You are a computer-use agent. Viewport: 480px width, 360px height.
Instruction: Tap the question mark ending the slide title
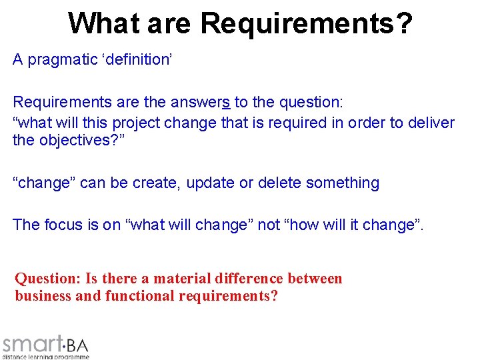pyautogui.click(x=403, y=23)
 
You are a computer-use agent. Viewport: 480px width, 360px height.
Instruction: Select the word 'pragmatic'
pyautogui.click(x=61, y=60)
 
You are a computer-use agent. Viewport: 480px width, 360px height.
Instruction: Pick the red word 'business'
pyautogui.click(x=43, y=296)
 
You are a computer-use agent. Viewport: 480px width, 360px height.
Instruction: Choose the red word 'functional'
pyautogui.click(x=139, y=296)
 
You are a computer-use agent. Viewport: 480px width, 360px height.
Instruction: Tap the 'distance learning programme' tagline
pyautogui.click(x=45, y=357)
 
